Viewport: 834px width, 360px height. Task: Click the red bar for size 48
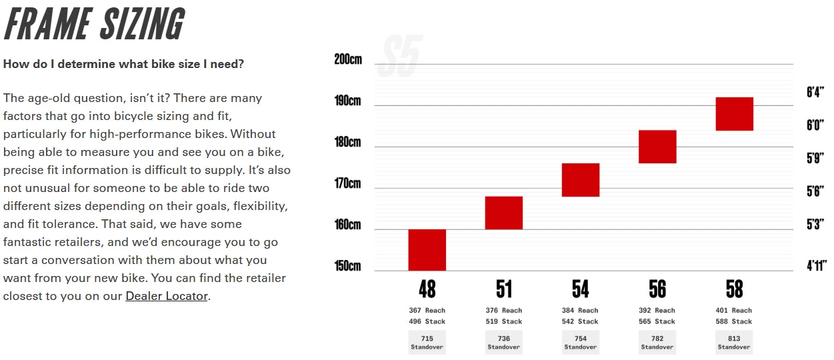pyautogui.click(x=427, y=250)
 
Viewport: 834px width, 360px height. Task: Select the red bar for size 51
pyautogui.click(x=503, y=213)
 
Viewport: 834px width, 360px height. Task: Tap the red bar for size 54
pyautogui.click(x=580, y=180)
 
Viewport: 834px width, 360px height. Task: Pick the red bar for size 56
pyautogui.click(x=657, y=147)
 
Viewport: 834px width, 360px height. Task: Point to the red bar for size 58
pyautogui.click(x=734, y=114)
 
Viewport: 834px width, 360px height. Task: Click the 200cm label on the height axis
pyautogui.click(x=347, y=59)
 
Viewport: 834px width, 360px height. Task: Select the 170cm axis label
pyautogui.click(x=347, y=183)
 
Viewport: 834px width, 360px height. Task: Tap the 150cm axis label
pyautogui.click(x=347, y=266)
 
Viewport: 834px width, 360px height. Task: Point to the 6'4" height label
pyautogui.click(x=815, y=92)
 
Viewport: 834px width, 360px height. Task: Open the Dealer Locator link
pyautogui.click(x=167, y=296)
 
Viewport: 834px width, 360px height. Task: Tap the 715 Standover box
pyautogui.click(x=427, y=343)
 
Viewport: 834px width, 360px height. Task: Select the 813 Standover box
pyautogui.click(x=734, y=343)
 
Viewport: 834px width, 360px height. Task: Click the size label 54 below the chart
pyautogui.click(x=580, y=289)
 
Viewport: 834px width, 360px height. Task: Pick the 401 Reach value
pyautogui.click(x=734, y=311)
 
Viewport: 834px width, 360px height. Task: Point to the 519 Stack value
pyautogui.click(x=503, y=322)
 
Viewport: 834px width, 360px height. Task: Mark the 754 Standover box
pyautogui.click(x=580, y=343)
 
